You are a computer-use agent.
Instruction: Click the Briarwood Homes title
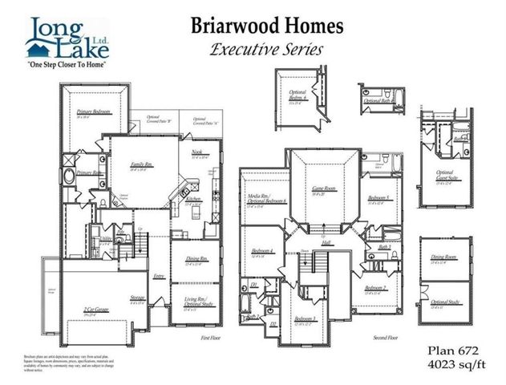(266, 26)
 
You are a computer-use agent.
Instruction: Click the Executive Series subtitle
(266, 49)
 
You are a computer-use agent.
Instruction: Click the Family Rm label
(141, 165)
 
